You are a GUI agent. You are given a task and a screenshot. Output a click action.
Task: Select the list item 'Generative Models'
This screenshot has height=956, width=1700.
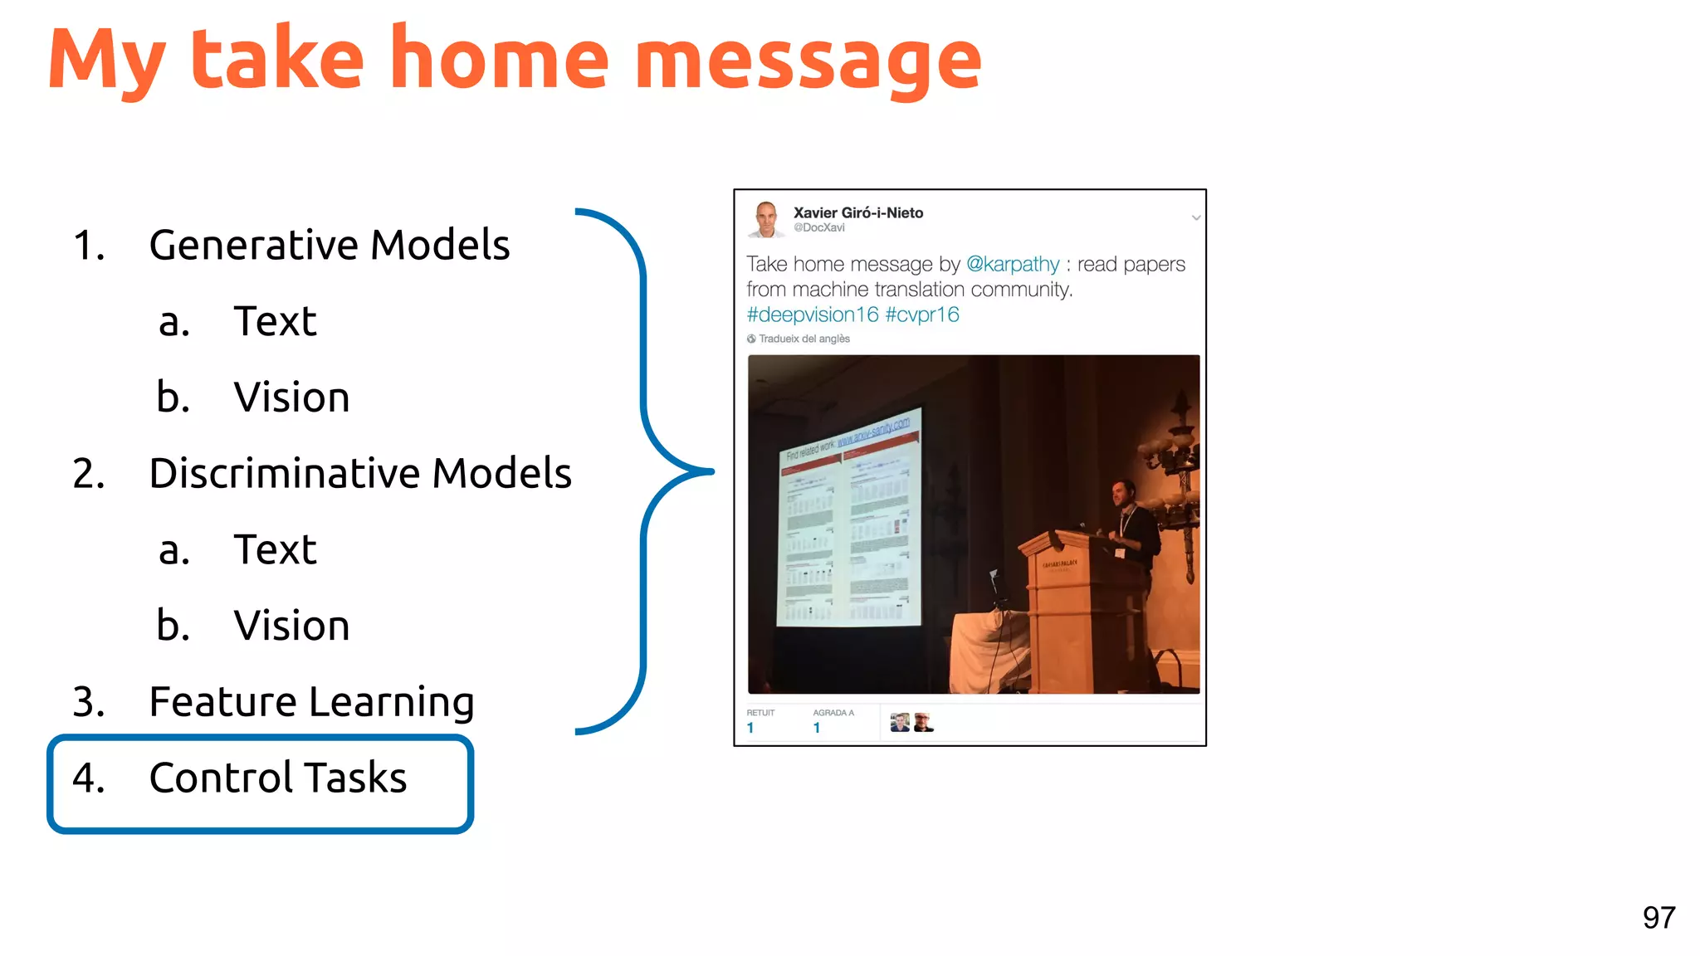click(x=329, y=245)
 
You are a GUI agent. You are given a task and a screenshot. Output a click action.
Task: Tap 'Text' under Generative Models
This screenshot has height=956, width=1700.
click(x=275, y=321)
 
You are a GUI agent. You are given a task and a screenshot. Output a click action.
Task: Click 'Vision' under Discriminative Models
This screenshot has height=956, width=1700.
click(x=291, y=626)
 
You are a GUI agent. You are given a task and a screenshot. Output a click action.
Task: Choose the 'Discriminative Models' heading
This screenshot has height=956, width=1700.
click(x=359, y=473)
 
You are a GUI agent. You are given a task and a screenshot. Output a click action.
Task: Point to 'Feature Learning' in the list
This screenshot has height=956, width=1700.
click(x=311, y=702)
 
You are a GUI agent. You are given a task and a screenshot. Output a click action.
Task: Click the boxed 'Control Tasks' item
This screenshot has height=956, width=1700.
click(x=277, y=778)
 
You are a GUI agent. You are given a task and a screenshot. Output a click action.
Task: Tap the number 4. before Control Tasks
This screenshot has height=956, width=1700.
click(x=89, y=778)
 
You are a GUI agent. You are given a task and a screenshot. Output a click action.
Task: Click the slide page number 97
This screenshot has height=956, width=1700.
click(x=1658, y=918)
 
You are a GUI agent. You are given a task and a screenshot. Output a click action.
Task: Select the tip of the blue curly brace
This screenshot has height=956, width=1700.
click(x=710, y=471)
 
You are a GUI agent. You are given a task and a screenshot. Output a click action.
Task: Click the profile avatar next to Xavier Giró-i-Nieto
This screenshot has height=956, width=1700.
click(x=765, y=219)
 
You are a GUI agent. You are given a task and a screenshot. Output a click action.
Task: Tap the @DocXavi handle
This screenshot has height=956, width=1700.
click(x=818, y=228)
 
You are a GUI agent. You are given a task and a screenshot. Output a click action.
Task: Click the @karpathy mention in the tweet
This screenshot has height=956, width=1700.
click(x=1013, y=264)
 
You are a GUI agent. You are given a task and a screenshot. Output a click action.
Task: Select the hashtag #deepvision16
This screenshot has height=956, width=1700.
click(x=812, y=315)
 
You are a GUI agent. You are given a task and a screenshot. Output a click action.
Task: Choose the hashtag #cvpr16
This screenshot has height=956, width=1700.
click(x=921, y=315)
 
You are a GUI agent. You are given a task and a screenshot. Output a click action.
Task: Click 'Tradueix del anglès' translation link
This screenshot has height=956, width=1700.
click(x=803, y=339)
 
